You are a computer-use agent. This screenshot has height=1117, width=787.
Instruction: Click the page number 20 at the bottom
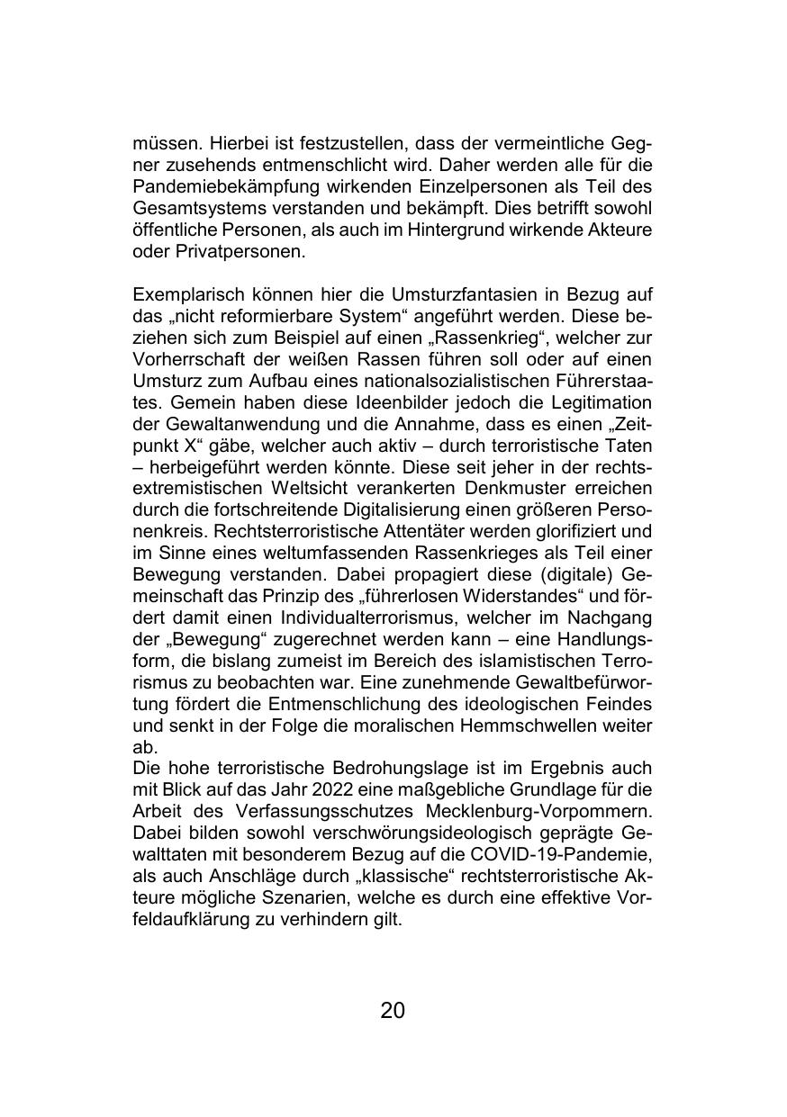[x=393, y=1011]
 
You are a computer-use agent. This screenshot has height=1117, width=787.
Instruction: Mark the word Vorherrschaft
[x=185, y=359]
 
